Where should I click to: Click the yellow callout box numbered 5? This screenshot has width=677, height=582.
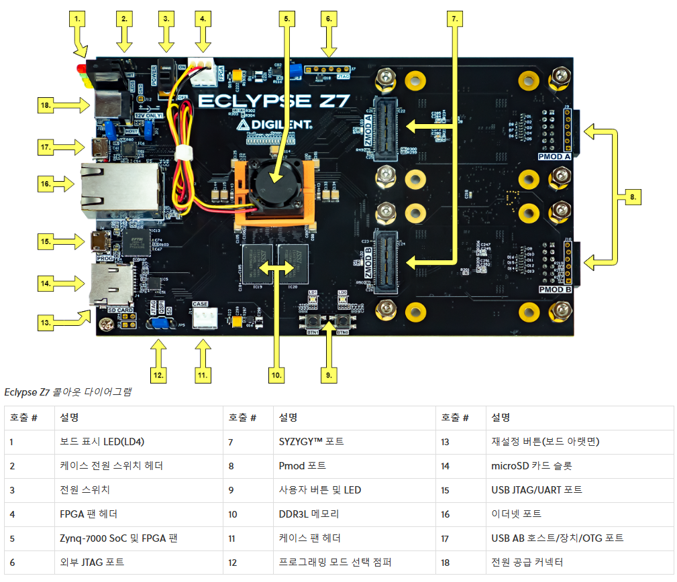coord(287,19)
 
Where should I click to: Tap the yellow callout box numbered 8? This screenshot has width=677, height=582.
coord(630,197)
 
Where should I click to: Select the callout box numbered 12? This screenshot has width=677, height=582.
coord(158,374)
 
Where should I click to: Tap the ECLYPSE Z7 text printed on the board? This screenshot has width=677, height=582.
coord(274,101)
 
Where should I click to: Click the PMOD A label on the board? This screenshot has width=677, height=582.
coord(554,156)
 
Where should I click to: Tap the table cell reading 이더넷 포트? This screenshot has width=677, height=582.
coord(516,514)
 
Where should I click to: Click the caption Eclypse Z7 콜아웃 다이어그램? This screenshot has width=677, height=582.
coord(67,392)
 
